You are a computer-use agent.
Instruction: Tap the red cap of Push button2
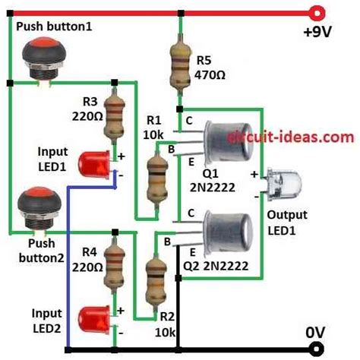tap(33, 203)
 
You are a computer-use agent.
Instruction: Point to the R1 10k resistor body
tap(158, 174)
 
